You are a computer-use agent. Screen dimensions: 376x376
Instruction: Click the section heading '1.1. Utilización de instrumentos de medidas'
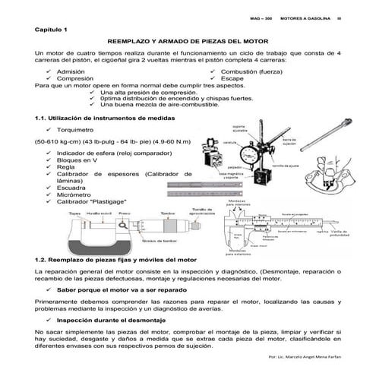109,118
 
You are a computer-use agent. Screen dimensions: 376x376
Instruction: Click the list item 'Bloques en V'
79,160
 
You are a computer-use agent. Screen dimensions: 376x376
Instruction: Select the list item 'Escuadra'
73,187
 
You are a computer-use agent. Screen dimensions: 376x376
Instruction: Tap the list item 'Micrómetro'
76,194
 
